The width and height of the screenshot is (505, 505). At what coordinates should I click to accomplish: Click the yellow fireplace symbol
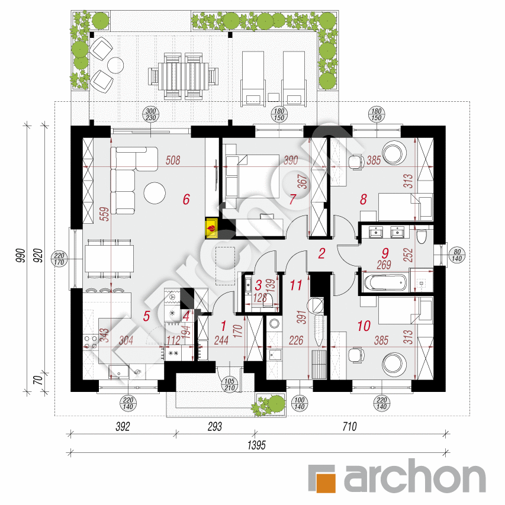pyautogui.click(x=212, y=229)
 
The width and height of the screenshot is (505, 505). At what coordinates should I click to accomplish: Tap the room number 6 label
pyautogui.click(x=186, y=200)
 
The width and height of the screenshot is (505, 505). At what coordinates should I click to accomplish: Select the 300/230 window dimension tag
pyautogui.click(x=151, y=115)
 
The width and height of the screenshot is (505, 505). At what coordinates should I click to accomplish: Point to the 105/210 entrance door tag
pyautogui.click(x=230, y=385)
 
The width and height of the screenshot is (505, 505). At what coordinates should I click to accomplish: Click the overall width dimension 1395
pyautogui.click(x=256, y=445)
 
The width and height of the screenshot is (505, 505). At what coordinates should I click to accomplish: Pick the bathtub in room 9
pyautogui.click(x=385, y=283)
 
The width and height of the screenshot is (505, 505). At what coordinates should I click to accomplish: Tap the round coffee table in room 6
pyautogui.click(x=155, y=193)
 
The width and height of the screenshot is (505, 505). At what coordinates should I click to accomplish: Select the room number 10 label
pyautogui.click(x=364, y=326)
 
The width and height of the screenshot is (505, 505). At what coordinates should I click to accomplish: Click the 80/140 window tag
pyautogui.click(x=457, y=255)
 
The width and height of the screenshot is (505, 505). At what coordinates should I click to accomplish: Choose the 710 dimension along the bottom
pyautogui.click(x=349, y=427)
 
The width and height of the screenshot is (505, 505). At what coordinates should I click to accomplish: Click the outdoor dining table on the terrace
pyautogui.click(x=183, y=76)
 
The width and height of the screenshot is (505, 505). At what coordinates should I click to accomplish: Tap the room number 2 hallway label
pyautogui.click(x=321, y=253)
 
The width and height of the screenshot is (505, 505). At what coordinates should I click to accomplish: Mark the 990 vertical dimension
pyautogui.click(x=20, y=255)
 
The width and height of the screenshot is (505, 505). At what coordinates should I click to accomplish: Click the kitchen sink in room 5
pyautogui.click(x=119, y=372)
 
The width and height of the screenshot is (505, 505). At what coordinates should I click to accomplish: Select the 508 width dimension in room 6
pyautogui.click(x=173, y=160)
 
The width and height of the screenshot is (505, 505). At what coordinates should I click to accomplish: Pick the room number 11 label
pyautogui.click(x=295, y=285)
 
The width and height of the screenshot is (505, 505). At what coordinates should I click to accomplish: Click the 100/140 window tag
pyautogui.click(x=299, y=403)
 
